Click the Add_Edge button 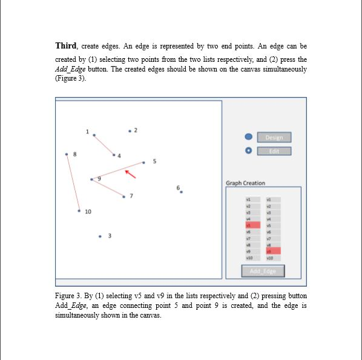[263, 271]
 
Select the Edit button [274, 151]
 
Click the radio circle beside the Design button [248, 137]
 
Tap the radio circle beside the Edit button [248, 151]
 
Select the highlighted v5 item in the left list [252, 225]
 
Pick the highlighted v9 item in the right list [273, 250]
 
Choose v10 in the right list [273, 257]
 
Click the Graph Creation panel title [245, 183]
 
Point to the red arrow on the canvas [130, 174]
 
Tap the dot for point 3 [100, 236]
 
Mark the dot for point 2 [130, 131]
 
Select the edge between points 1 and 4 [104, 145]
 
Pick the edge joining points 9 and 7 [108, 188]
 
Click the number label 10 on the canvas [88, 212]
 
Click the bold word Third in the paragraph [67, 46]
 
